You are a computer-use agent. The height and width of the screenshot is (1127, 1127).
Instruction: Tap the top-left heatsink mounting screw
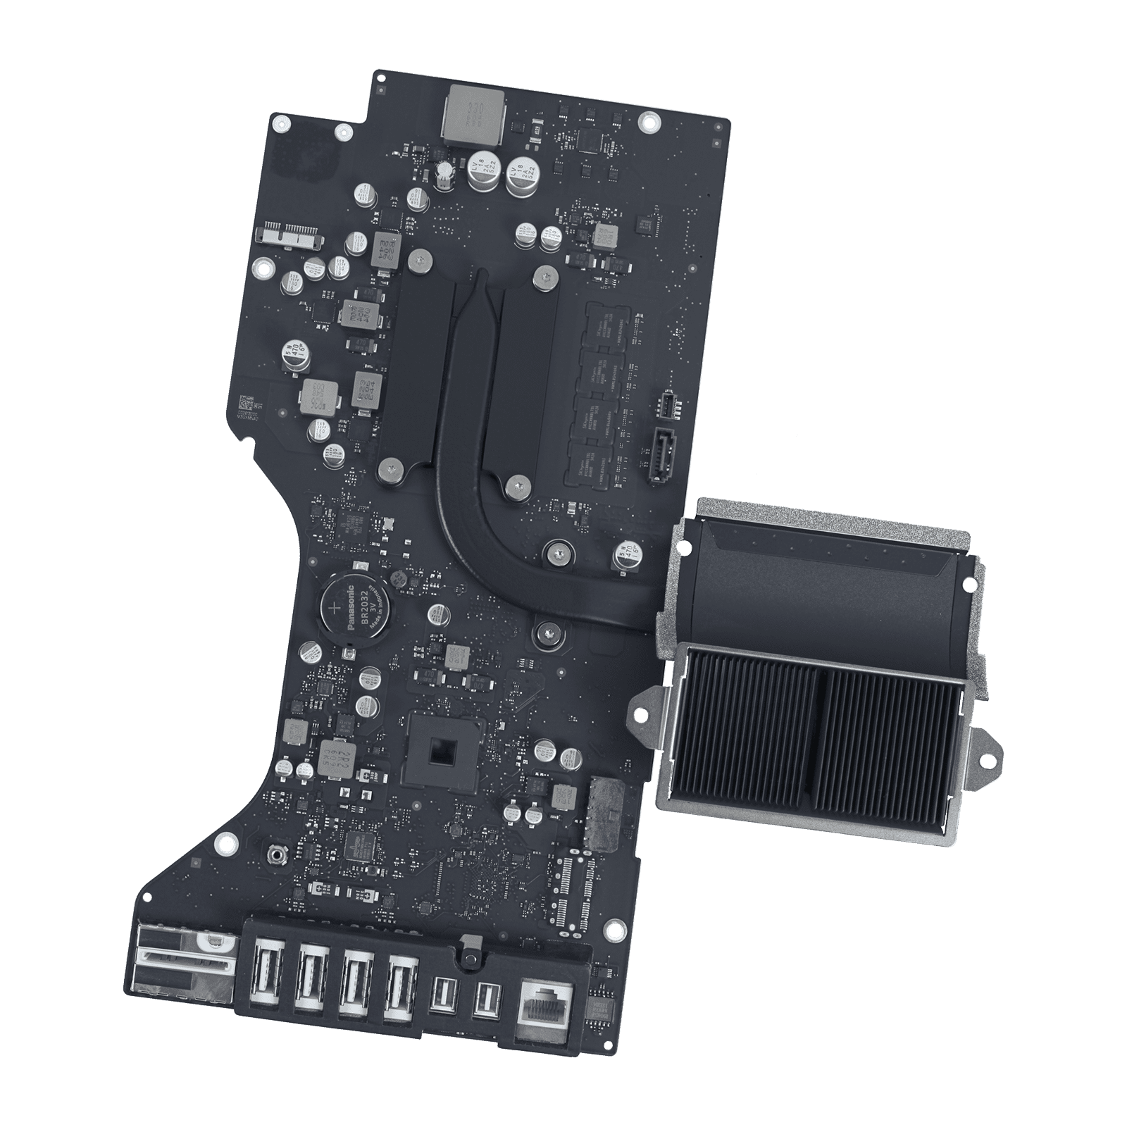420,262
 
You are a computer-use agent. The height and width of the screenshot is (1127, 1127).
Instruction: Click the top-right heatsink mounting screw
543,276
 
